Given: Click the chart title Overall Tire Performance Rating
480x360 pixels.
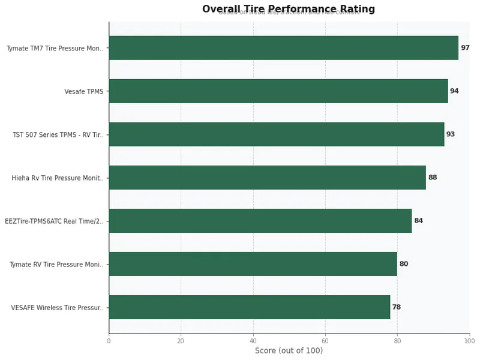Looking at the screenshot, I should point(288,9).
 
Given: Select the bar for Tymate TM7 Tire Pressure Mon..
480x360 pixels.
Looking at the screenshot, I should point(283,48).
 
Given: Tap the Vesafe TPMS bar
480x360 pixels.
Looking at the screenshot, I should point(278,91).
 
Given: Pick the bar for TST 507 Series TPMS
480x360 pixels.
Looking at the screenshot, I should point(276,134).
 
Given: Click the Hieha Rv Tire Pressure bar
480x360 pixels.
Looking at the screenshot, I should point(267,178).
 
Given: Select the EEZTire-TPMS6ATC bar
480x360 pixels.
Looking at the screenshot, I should point(260,221).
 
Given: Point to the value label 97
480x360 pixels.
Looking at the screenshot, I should point(465,48).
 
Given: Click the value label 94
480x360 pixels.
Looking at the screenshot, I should point(454,91).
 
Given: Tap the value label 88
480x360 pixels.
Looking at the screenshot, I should point(433,178).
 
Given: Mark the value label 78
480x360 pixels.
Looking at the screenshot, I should point(397,307).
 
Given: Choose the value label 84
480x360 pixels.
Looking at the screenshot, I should point(418,221).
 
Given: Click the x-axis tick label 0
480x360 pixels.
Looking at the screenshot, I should point(109,341).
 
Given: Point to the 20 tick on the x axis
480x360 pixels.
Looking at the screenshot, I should point(181,341).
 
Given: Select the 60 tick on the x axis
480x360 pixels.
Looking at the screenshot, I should point(325,341).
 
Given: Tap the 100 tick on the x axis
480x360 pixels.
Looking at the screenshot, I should point(469,341).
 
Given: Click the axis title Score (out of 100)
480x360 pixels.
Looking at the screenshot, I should point(289,351).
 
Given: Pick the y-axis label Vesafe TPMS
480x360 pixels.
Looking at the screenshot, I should point(84,92).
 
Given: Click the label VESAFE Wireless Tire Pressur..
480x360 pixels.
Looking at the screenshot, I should point(57,308).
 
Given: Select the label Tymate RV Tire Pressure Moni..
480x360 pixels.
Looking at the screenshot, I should point(56,265).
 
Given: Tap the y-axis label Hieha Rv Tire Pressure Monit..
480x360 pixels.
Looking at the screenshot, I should point(58,178).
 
